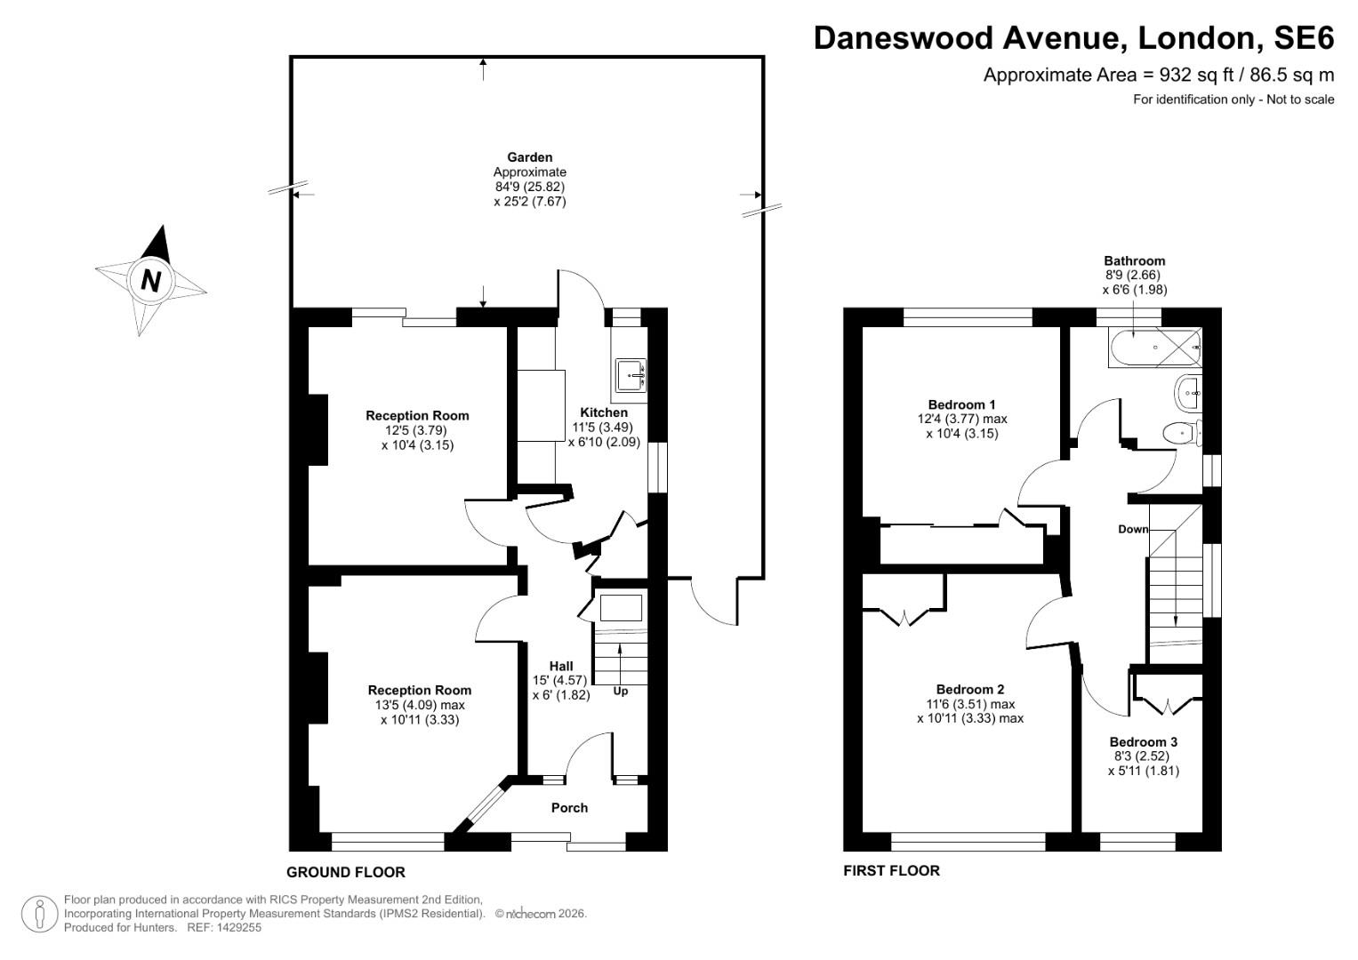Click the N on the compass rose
[x=151, y=280]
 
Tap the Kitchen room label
[x=604, y=412]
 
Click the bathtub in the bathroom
[x=1153, y=348]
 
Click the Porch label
[x=569, y=808]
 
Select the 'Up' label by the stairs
[x=621, y=691]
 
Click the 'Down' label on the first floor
[x=1133, y=529]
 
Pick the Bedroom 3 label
[x=1143, y=742]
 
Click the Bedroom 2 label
[x=969, y=689]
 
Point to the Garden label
[x=529, y=157]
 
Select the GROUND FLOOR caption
[x=345, y=872]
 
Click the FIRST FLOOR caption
[x=891, y=871]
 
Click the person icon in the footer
[x=40, y=914]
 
